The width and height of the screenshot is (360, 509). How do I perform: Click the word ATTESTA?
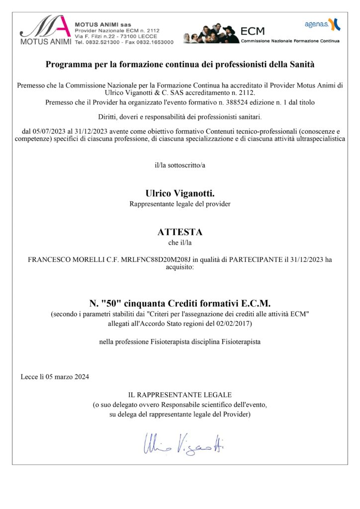point(180,232)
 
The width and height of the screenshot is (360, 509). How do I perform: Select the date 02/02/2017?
point(236,324)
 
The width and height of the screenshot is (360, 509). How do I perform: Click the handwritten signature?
point(183,441)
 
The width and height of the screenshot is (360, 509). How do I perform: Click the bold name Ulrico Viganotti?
point(180,193)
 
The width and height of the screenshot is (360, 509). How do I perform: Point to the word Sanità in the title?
point(301,64)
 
